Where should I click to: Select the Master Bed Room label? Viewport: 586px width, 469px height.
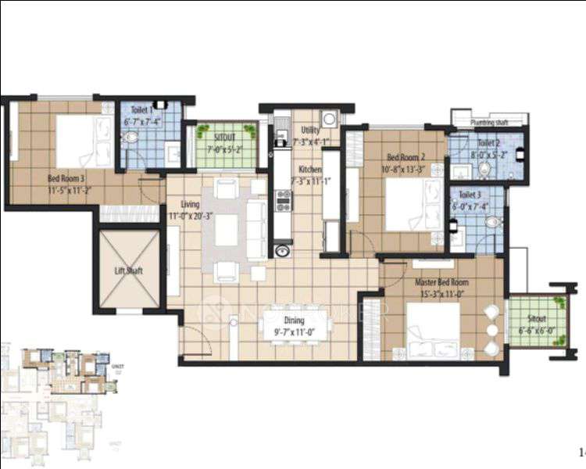tap(442, 282)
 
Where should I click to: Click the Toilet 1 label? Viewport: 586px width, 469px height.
tap(141, 111)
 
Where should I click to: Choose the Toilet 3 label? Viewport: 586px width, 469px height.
tap(470, 194)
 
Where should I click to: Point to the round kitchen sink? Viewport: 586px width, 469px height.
tap(282, 251)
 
